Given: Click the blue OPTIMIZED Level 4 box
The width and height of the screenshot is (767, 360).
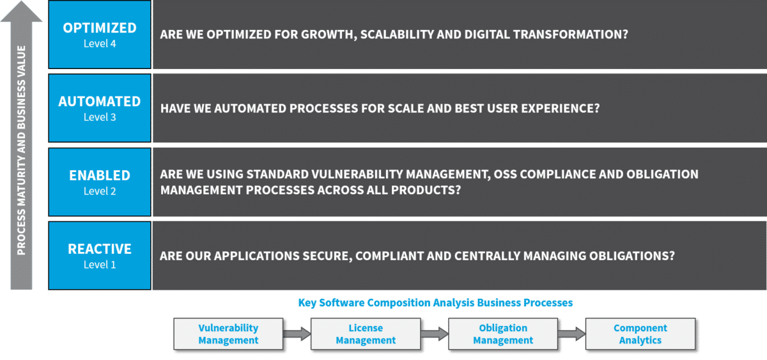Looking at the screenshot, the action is [x=100, y=35].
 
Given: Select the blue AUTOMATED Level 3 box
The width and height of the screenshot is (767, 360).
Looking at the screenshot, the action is [x=100, y=108].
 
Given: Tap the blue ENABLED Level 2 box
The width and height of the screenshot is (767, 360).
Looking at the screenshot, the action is [x=100, y=182].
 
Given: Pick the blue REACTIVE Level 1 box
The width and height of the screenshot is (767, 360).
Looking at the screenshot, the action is [x=100, y=256].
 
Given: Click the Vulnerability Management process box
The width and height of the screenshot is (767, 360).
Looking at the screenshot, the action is [x=228, y=334].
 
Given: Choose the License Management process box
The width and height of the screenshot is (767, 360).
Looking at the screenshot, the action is [x=366, y=334].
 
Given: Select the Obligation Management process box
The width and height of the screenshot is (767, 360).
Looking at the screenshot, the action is [x=503, y=334].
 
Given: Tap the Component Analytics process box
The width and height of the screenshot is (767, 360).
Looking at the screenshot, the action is [x=640, y=334].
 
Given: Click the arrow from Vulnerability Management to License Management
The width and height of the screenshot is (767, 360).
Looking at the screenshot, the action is [x=297, y=334].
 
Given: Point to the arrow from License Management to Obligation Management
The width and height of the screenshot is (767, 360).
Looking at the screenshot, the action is [x=435, y=334].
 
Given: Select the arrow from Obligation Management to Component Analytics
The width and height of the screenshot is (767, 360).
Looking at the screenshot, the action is [x=572, y=334].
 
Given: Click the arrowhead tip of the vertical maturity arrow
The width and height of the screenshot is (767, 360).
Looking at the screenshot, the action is [x=22, y=1].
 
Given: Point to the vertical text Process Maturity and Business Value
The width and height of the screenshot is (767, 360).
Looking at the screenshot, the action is [x=21, y=150].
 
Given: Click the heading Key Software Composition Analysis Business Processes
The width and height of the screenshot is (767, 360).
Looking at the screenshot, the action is [x=435, y=303].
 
